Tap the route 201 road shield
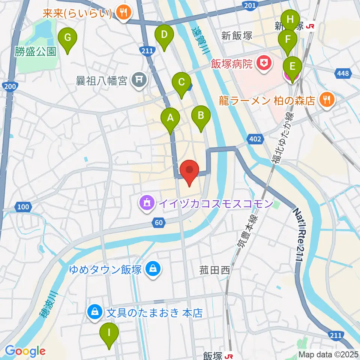[x=249, y=5]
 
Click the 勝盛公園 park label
[x=36, y=52]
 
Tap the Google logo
[x=25, y=351]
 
